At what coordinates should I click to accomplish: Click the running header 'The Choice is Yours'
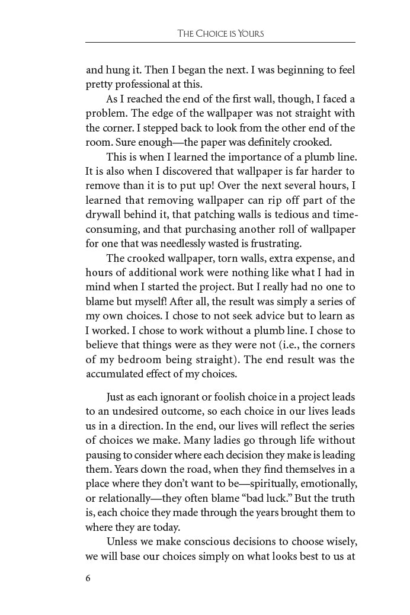[x=220, y=34]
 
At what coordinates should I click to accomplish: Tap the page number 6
[x=88, y=579]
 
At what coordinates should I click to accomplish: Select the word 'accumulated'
[x=116, y=374]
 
